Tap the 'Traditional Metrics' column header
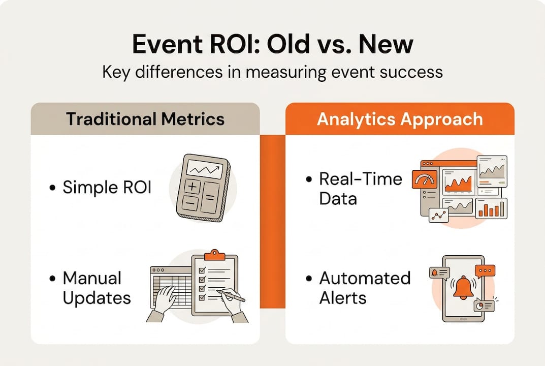pyautogui.click(x=145, y=119)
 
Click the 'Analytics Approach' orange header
pyautogui.click(x=399, y=119)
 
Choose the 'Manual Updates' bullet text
pyautogui.click(x=96, y=288)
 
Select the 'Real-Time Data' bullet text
pyautogui.click(x=360, y=189)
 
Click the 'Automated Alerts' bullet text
pyautogui.click(x=364, y=288)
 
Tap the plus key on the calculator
pyautogui.click(x=191, y=187)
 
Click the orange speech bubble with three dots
pyautogui.click(x=485, y=270)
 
